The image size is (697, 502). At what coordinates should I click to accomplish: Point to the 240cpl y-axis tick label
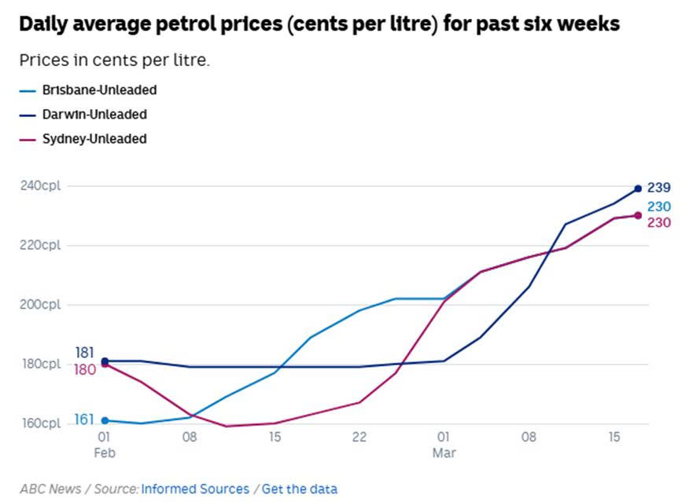pyautogui.click(x=41, y=186)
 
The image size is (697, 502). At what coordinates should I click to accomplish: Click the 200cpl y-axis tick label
pyautogui.click(x=41, y=305)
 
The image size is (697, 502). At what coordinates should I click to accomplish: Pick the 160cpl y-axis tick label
pyautogui.click(x=41, y=423)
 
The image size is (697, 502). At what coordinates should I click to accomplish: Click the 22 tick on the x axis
pyautogui.click(x=359, y=437)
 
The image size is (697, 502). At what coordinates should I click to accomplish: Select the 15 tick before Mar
pyautogui.click(x=275, y=437)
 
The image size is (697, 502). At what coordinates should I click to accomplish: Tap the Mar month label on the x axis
pyautogui.click(x=444, y=453)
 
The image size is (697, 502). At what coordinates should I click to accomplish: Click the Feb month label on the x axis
pyautogui.click(x=104, y=453)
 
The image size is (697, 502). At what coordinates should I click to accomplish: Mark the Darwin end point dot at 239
pyautogui.click(x=638, y=188)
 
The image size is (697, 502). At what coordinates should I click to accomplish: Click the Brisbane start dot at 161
pyautogui.click(x=105, y=420)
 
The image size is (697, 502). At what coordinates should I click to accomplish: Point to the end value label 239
pyautogui.click(x=658, y=188)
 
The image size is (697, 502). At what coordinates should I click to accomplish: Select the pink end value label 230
pyautogui.click(x=658, y=222)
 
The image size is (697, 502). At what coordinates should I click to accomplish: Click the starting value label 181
pyautogui.click(x=85, y=352)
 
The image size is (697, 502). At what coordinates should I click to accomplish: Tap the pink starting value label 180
pyautogui.click(x=85, y=368)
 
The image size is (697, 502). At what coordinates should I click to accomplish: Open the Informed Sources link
pyautogui.click(x=195, y=489)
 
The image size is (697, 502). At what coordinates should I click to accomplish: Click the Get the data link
pyautogui.click(x=299, y=489)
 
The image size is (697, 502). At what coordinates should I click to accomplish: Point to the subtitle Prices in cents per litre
pyautogui.click(x=114, y=60)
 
